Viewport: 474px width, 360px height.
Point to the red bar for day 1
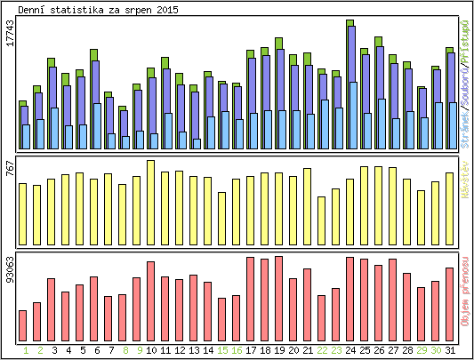22,325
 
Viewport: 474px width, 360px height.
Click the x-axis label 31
450,350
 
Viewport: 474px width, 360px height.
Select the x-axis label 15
221,350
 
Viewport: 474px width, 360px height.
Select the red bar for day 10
150,301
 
